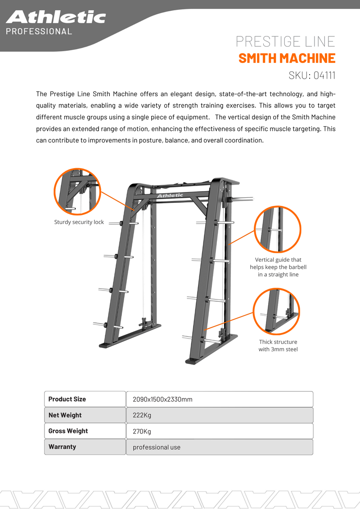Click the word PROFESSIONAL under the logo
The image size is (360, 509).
coord(39,31)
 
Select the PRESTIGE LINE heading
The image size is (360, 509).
coord(285,42)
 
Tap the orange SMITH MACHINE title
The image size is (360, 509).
coord(287,58)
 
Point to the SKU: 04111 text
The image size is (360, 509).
coord(311,75)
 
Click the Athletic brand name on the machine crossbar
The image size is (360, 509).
coord(170,195)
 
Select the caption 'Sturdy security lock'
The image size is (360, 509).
coord(79,222)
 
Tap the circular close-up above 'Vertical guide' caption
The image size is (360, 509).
coord(277,229)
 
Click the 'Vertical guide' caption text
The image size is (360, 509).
coord(278,267)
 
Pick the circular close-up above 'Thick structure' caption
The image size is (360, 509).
coord(276,312)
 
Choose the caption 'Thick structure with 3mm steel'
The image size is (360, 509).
coord(278,345)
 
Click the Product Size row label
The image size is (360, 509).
coord(67,399)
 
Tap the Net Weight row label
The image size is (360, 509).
coord(65,415)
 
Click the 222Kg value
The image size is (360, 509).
coord(142,415)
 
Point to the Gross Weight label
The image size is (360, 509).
coord(68,431)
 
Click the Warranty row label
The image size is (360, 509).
coord(62,446)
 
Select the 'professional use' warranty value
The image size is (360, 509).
coord(156,447)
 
